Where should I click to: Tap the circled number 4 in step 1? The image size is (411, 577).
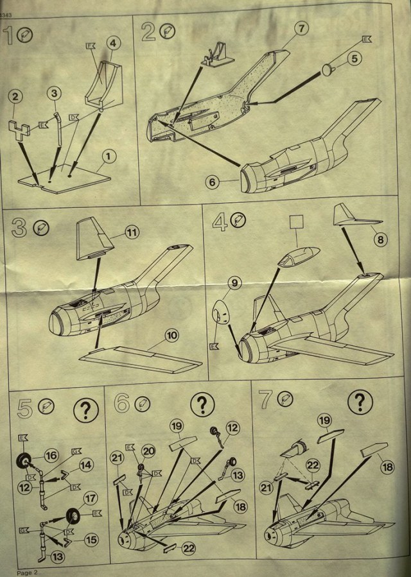click(113, 44)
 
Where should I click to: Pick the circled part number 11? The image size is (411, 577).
click(132, 233)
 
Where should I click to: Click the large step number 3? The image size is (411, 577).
click(19, 228)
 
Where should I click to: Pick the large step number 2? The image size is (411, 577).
click(149, 31)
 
